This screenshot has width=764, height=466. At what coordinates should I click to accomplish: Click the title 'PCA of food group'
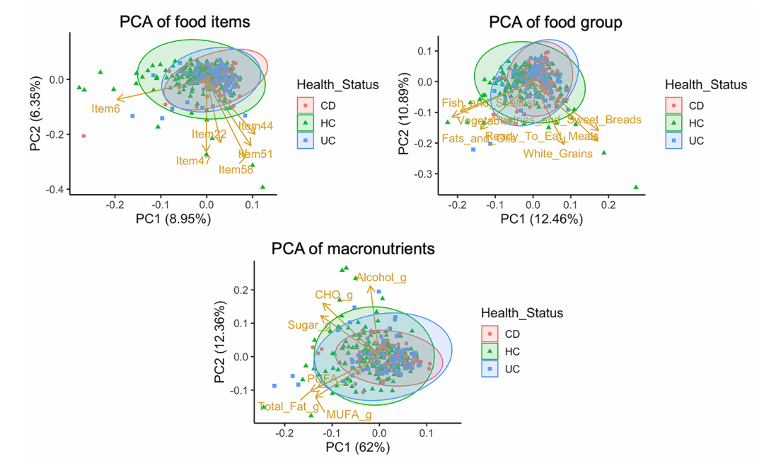pos(555,23)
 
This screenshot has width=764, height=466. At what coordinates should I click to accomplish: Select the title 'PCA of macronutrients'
pos(353,249)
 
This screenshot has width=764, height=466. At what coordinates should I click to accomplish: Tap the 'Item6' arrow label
pos(105,108)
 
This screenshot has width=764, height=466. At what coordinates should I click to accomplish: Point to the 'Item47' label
pos(194,161)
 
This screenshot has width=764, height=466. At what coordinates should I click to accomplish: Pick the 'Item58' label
pos(236,169)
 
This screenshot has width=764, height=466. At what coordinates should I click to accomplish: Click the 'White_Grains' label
pos(557,154)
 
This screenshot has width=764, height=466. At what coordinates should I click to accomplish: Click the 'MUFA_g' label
pos(349,414)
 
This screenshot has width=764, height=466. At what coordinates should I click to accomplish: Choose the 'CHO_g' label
pos(334,295)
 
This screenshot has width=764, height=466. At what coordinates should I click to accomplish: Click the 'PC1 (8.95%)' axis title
pos(173,220)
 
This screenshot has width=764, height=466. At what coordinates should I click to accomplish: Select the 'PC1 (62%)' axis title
pos(357,448)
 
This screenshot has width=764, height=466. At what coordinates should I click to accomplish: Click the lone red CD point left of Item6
pos(83,136)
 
